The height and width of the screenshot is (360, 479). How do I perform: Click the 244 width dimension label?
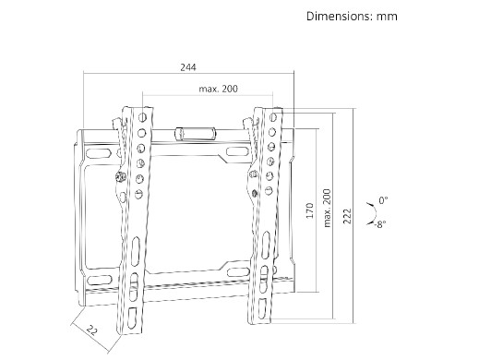[188, 67]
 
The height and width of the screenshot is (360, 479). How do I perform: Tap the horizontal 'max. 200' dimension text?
[218, 89]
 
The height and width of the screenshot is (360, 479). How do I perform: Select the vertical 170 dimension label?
[310, 210]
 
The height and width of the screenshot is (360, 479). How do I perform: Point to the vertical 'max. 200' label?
[327, 209]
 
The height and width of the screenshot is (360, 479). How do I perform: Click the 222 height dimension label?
[347, 216]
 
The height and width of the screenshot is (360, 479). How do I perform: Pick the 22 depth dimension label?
[91, 330]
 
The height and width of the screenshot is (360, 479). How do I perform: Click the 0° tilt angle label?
[383, 200]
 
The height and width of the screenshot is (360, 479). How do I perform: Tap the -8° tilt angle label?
[380, 224]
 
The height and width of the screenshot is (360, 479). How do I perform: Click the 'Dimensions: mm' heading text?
[352, 17]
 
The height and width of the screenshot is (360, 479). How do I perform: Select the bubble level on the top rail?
[195, 134]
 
